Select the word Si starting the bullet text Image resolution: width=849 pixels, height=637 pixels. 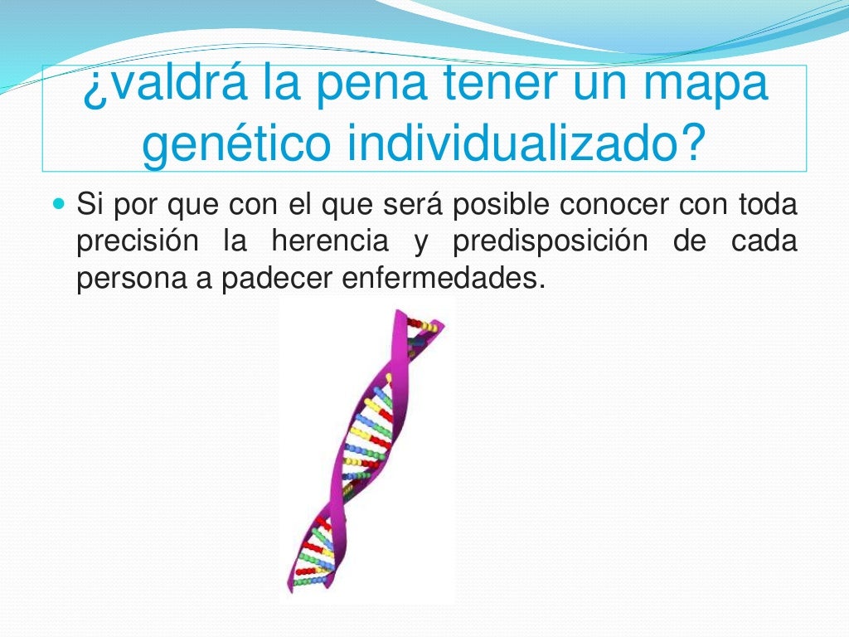point(89,203)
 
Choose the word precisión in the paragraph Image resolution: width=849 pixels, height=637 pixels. point(138,242)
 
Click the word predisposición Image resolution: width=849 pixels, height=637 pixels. point(550,242)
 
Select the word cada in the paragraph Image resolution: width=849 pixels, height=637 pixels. point(764,241)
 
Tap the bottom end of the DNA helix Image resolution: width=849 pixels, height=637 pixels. point(291,587)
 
